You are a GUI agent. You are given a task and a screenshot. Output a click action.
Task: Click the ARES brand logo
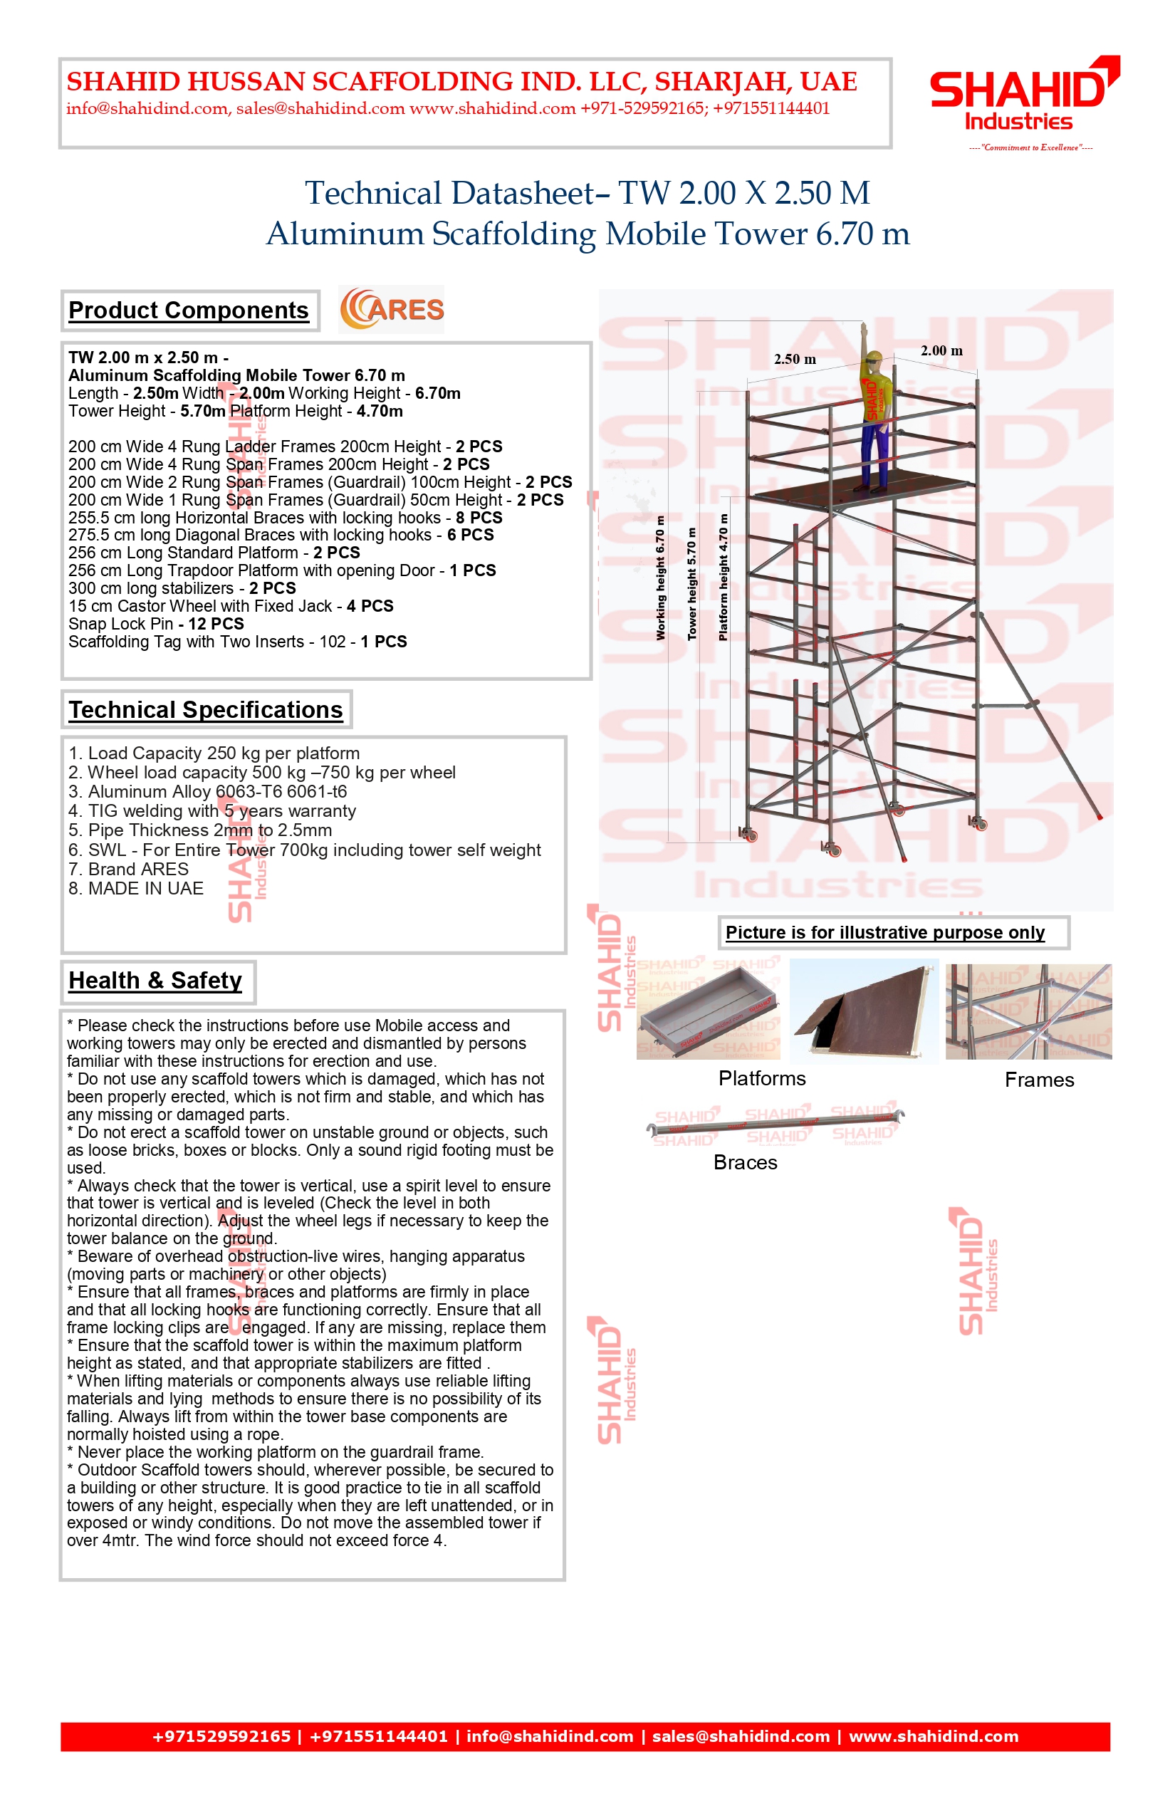point(392,309)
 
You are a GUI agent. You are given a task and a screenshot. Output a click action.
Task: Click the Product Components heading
point(189,310)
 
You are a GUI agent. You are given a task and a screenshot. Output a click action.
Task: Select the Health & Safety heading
point(155,981)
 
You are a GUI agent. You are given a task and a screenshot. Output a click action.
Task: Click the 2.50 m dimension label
point(795,359)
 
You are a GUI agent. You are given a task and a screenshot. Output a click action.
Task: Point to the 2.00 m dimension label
point(941,350)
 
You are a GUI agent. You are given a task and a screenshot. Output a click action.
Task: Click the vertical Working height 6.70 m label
point(661,578)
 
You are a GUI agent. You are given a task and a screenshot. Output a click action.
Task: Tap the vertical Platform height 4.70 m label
point(724,578)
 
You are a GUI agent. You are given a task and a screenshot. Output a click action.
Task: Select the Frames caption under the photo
point(1039,1080)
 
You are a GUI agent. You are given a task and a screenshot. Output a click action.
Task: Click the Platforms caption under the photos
point(761,1078)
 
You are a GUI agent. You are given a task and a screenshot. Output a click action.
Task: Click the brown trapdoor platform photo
point(864,1011)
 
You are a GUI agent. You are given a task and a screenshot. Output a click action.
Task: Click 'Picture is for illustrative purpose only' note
point(885,932)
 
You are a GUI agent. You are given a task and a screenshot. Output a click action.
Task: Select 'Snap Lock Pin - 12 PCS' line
point(156,623)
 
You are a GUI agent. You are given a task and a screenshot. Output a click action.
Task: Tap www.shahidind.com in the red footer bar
point(933,1736)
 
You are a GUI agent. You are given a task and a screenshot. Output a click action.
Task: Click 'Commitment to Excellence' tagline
point(1030,147)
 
